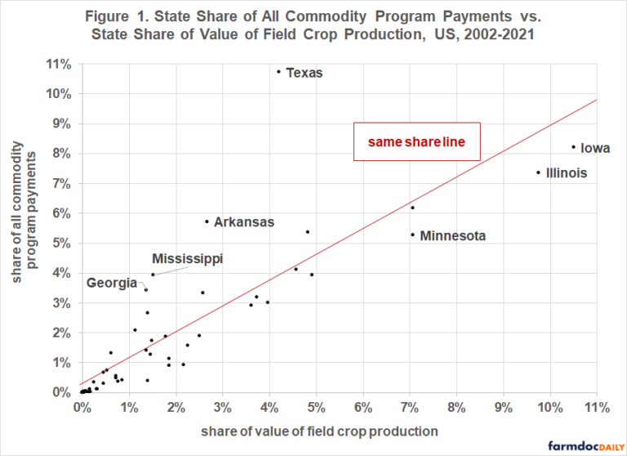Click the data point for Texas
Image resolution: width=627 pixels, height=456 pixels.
278,71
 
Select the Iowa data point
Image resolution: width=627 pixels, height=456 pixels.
573,147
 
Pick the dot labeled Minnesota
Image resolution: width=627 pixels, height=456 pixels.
412,235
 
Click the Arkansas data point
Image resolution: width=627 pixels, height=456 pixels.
207,221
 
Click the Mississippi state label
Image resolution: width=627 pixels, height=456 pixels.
187,259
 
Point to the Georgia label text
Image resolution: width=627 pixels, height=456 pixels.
112,283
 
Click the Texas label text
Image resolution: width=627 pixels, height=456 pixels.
305,73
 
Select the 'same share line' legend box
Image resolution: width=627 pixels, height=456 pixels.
416,142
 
